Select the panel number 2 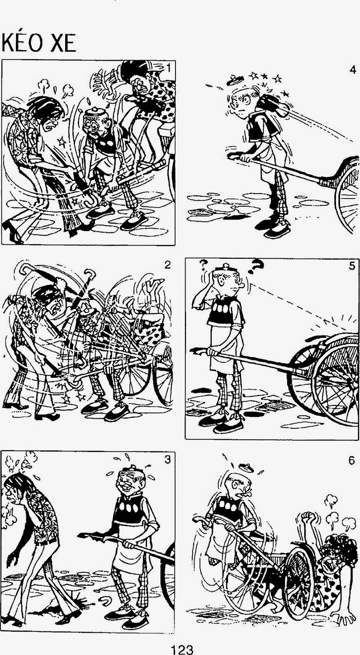[167, 265]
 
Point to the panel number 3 [167, 460]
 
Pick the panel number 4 [352, 70]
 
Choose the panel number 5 [352, 266]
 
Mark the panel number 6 [352, 460]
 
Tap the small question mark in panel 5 [203, 265]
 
